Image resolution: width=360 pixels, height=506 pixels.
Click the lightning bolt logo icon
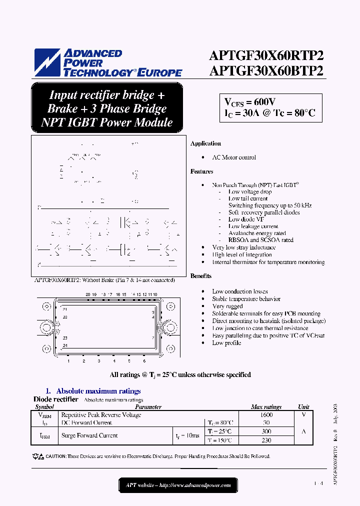[47, 62]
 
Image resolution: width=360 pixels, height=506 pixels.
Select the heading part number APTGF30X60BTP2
[266, 71]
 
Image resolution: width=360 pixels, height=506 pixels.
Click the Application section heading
[205, 143]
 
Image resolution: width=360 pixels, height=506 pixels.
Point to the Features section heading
[201, 171]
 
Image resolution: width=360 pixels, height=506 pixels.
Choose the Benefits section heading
[201, 276]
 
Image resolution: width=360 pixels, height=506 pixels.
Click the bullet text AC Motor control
[234, 157]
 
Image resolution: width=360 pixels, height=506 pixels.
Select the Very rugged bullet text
[227, 306]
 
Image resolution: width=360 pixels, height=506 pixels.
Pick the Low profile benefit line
[226, 343]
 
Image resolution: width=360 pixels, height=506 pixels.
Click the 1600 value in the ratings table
[266, 415]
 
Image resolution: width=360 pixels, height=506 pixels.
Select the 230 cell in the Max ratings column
[266, 440]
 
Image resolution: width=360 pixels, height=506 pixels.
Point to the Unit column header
[303, 407]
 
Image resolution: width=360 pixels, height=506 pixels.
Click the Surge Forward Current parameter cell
[89, 435]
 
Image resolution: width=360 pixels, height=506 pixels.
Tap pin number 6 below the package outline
[144, 361]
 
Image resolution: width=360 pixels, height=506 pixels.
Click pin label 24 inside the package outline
[65, 345]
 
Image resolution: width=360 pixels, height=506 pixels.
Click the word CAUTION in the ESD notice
[55, 456]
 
